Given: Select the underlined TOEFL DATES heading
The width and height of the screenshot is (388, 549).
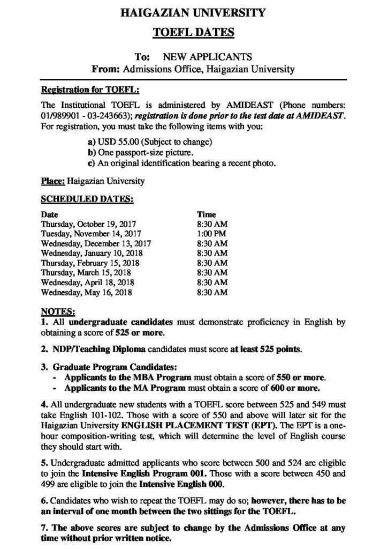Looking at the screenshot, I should [x=194, y=33].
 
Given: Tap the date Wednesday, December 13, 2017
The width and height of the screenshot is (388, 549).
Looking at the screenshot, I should [x=96, y=243].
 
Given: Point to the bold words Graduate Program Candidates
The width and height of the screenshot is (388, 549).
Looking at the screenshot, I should [x=114, y=367].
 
